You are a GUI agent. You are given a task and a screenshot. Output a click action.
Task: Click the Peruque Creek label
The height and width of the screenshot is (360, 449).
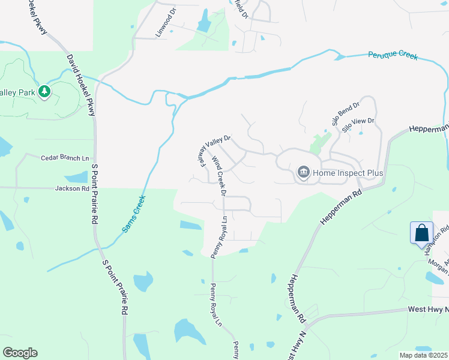point(393,56)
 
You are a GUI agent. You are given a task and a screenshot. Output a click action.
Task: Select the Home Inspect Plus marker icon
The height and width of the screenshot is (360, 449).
point(304,173)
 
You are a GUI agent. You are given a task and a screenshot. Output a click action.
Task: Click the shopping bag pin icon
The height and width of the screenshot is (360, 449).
point(422,233)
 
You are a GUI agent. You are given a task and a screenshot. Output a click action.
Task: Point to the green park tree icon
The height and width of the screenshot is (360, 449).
point(44,91)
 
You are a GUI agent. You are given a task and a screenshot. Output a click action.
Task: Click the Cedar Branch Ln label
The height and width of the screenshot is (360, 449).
point(64,158)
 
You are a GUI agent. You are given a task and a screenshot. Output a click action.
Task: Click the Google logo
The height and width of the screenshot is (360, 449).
point(20,353)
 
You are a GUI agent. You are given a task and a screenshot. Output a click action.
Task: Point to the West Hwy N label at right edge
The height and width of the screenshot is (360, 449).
point(428,310)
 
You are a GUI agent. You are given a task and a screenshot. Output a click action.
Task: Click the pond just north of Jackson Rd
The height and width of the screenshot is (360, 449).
point(76,178)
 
